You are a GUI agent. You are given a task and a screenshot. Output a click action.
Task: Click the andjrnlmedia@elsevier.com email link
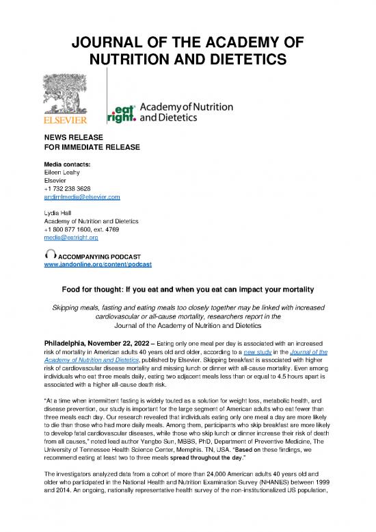(81, 197)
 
